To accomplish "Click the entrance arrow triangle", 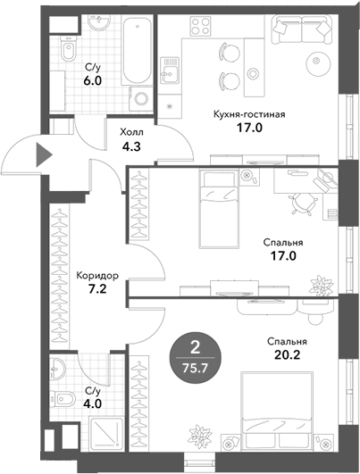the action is pyautogui.click(x=43, y=154).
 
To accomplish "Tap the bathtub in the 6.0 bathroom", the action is pyautogui.click(x=138, y=50).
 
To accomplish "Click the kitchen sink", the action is pyautogui.click(x=170, y=71).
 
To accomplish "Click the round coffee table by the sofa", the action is pyautogui.click(x=317, y=61).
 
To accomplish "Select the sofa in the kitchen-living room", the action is pyautogui.click(x=303, y=29).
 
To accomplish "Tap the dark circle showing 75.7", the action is pyautogui.click(x=196, y=358).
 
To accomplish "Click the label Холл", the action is pyautogui.click(x=131, y=132).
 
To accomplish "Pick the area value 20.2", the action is pyautogui.click(x=287, y=355).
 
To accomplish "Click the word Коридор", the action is pyautogui.click(x=97, y=276).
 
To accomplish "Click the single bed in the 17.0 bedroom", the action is pyautogui.click(x=219, y=209).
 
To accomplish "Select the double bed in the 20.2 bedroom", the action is pyautogui.click(x=277, y=412).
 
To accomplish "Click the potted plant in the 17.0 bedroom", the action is pyautogui.click(x=321, y=285).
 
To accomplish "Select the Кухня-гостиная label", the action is pyautogui.click(x=249, y=115).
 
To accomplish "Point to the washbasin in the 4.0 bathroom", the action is pyautogui.click(x=57, y=368).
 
